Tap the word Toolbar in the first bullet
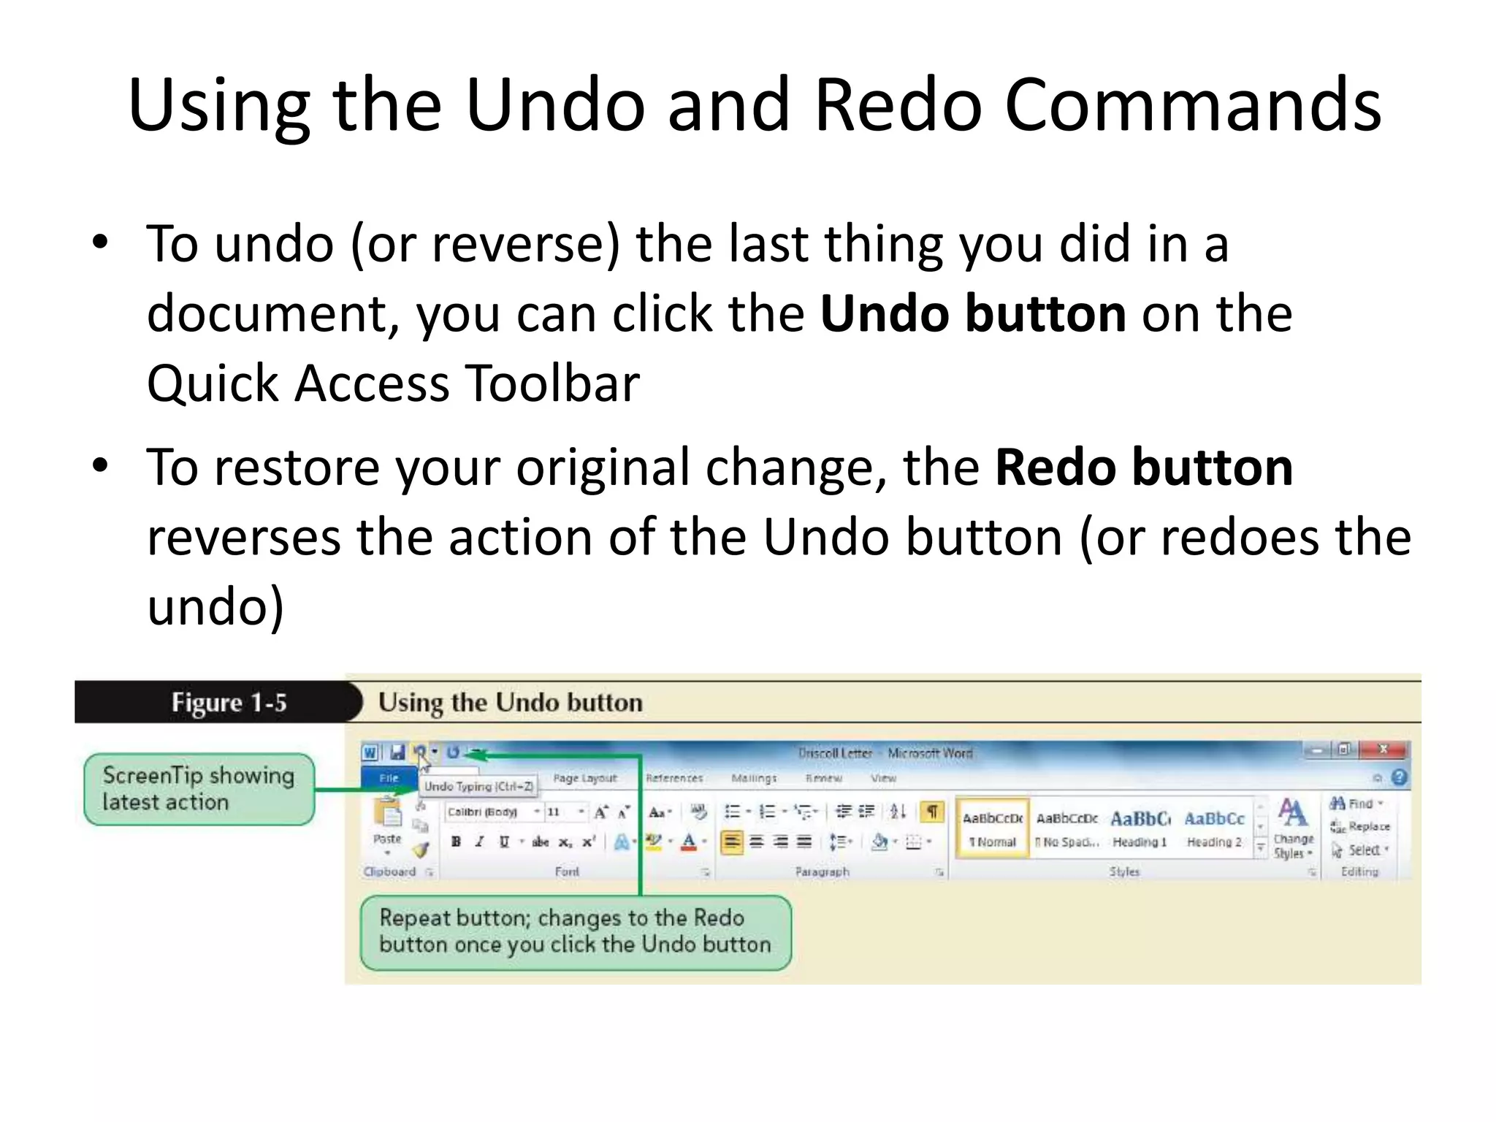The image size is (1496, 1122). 553,383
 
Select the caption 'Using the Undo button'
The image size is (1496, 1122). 510,703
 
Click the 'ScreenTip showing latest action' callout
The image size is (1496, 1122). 199,789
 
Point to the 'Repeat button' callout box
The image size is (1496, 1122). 575,931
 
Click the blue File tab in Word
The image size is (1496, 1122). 389,779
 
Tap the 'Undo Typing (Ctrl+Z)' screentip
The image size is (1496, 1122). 478,787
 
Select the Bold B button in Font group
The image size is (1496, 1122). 456,841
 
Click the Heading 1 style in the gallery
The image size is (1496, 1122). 1140,828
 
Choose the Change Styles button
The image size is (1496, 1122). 1293,828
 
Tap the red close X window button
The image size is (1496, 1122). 1383,749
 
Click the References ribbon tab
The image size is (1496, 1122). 673,779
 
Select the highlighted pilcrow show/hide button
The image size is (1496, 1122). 932,812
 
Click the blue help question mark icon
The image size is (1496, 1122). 1399,777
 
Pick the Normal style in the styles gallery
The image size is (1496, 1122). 992,828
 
